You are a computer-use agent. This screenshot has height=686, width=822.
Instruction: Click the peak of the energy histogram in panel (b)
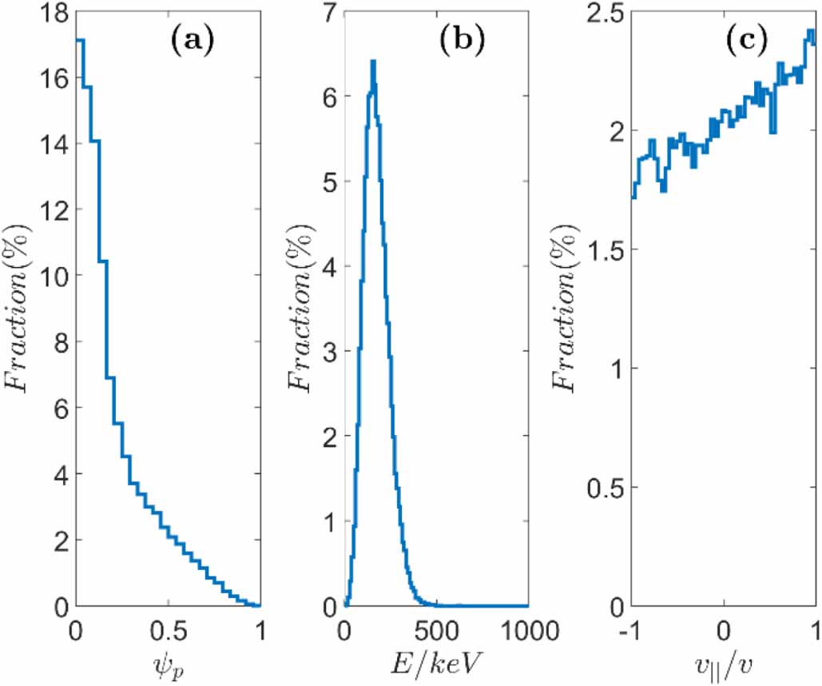coord(372,62)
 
